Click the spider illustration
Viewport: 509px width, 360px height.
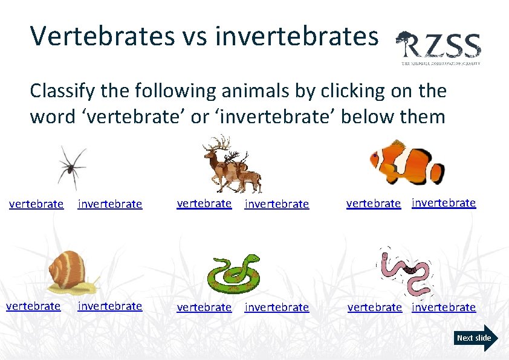click(x=72, y=166)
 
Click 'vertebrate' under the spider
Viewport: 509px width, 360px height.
click(x=36, y=204)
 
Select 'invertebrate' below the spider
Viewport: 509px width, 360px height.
click(x=110, y=204)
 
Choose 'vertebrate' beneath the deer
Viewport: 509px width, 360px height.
click(x=204, y=204)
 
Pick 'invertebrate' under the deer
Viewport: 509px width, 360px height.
click(x=277, y=204)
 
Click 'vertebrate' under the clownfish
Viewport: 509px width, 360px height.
click(x=374, y=204)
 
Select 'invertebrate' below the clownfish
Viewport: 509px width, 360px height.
click(x=444, y=203)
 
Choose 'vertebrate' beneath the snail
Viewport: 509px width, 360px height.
click(x=33, y=306)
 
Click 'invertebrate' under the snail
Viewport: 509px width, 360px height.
click(x=110, y=306)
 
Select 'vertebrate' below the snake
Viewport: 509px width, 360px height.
click(x=204, y=307)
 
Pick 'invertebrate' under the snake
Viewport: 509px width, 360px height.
click(x=277, y=307)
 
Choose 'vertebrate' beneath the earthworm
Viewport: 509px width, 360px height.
click(x=374, y=307)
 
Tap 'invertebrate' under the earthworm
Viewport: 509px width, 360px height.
click(x=444, y=307)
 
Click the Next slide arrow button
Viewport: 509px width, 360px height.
click(x=477, y=338)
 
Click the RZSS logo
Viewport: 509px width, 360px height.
click(x=439, y=47)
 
